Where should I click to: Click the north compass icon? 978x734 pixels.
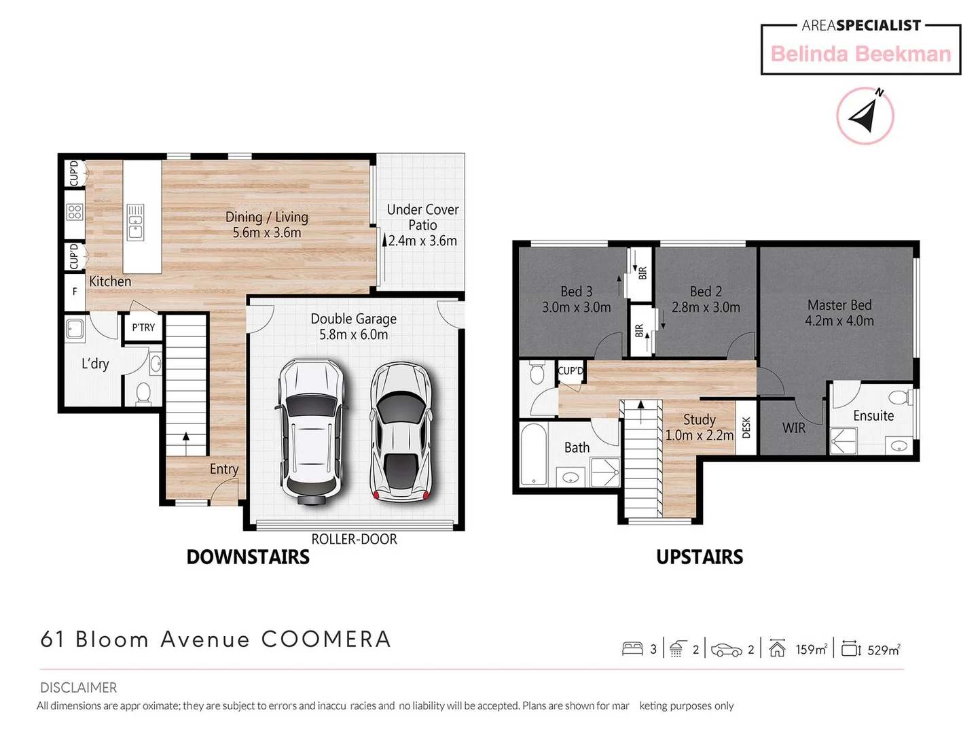tap(865, 116)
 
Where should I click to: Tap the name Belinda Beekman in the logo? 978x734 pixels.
tap(861, 54)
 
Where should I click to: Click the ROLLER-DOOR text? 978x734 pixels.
tap(354, 539)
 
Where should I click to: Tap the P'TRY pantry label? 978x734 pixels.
tap(143, 328)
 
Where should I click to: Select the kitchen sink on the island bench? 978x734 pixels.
tap(136, 222)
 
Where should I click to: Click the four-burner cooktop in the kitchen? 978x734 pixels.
tap(75, 212)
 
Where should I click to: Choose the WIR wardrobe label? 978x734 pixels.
tap(793, 428)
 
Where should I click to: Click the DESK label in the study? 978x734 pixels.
tap(746, 427)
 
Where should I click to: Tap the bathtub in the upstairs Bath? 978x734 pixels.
tap(535, 455)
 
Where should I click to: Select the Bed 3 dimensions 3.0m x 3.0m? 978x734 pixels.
tap(576, 307)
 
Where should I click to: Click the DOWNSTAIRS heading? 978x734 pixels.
tap(248, 557)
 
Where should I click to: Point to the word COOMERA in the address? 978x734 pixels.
tap(326, 640)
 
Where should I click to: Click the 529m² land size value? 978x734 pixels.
tap(884, 650)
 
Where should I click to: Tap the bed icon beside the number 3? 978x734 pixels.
tap(632, 649)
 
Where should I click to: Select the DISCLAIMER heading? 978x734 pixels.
tap(78, 688)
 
